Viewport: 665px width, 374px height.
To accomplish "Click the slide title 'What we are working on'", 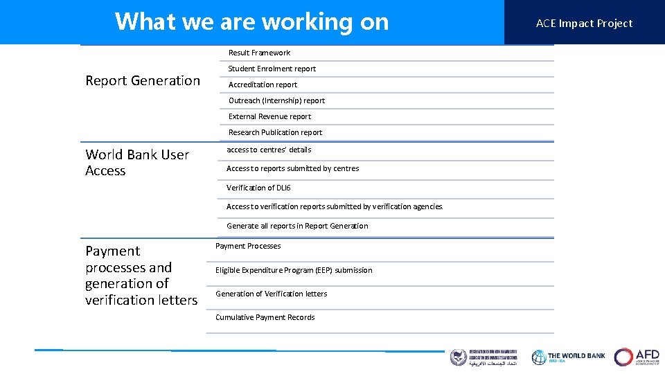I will click(251, 22).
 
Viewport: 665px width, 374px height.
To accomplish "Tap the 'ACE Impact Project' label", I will click(584, 23).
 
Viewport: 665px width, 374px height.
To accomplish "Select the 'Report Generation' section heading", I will click(143, 80).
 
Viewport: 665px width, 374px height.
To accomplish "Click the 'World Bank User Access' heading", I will click(137, 162).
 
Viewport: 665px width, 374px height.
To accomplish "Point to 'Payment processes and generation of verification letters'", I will click(141, 275).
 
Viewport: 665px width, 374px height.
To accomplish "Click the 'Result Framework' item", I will click(260, 53).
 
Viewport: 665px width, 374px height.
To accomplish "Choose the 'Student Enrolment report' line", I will click(272, 69).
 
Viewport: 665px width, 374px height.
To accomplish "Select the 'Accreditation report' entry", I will click(263, 84).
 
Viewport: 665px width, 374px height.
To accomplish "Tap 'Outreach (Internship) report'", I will click(277, 100).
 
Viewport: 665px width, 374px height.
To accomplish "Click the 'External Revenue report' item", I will click(270, 116).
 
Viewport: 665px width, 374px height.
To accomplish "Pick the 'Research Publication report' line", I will click(276, 132).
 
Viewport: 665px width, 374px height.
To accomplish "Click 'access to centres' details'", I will click(269, 150).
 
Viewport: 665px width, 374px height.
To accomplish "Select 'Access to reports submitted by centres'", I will click(293, 168).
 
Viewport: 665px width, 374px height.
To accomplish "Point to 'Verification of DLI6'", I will click(258, 188).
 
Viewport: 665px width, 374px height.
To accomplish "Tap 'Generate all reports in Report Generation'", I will click(298, 226).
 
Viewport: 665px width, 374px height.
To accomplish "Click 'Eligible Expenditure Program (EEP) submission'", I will click(294, 270).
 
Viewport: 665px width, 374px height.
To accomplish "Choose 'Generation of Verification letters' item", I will click(272, 294).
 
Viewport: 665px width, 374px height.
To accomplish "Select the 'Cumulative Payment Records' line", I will click(265, 317).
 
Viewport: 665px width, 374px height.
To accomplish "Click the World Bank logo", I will click(568, 357).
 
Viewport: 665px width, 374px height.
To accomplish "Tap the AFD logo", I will click(637, 357).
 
